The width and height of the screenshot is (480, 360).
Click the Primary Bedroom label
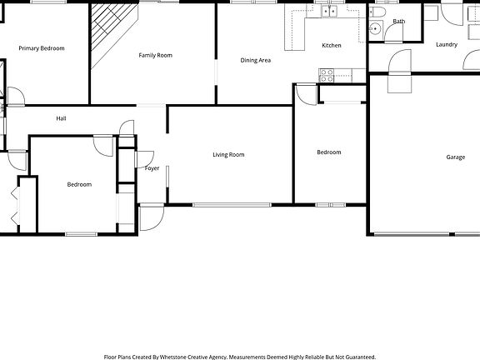pyautogui.click(x=42, y=48)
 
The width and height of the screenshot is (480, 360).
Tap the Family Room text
pyautogui.click(x=155, y=55)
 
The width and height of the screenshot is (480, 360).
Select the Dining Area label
pyautogui.click(x=256, y=60)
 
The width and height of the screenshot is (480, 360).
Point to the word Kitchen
pyautogui.click(x=332, y=45)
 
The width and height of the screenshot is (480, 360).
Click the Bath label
pyautogui.click(x=399, y=22)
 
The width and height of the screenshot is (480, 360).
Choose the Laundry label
pyautogui.click(x=446, y=44)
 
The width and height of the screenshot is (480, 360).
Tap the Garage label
pyautogui.click(x=455, y=157)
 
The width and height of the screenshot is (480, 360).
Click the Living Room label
pyautogui.click(x=228, y=154)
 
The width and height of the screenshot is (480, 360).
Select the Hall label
pyautogui.click(x=61, y=118)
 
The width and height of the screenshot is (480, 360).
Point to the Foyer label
pyautogui.click(x=152, y=168)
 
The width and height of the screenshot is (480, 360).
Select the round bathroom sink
pyautogui.click(x=375, y=29)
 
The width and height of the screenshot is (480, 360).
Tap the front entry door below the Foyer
pyautogui.click(x=151, y=217)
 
